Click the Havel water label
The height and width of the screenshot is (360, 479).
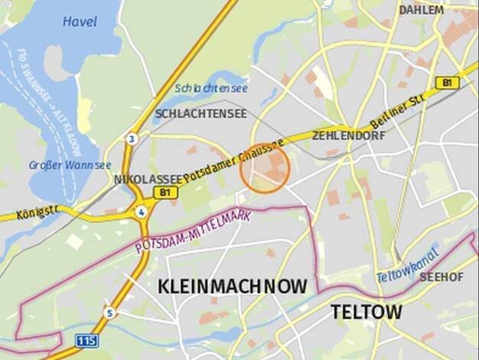pos(80,21)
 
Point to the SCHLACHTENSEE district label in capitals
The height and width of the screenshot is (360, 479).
pos(200,114)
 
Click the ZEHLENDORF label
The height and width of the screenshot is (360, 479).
pos(348,136)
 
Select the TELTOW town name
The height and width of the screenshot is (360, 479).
pos(366,312)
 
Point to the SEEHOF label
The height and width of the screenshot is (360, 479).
pos(442,276)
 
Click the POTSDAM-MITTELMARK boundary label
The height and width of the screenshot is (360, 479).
pos(193,231)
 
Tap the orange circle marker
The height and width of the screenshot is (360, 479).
pos(265,169)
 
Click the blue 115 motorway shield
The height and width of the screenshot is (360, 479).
pos(86,339)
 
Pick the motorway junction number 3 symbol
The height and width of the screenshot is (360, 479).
pos(132,139)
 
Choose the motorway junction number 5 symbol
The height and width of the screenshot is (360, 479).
pos(110,313)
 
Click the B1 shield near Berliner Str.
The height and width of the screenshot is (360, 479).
pos(446,82)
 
